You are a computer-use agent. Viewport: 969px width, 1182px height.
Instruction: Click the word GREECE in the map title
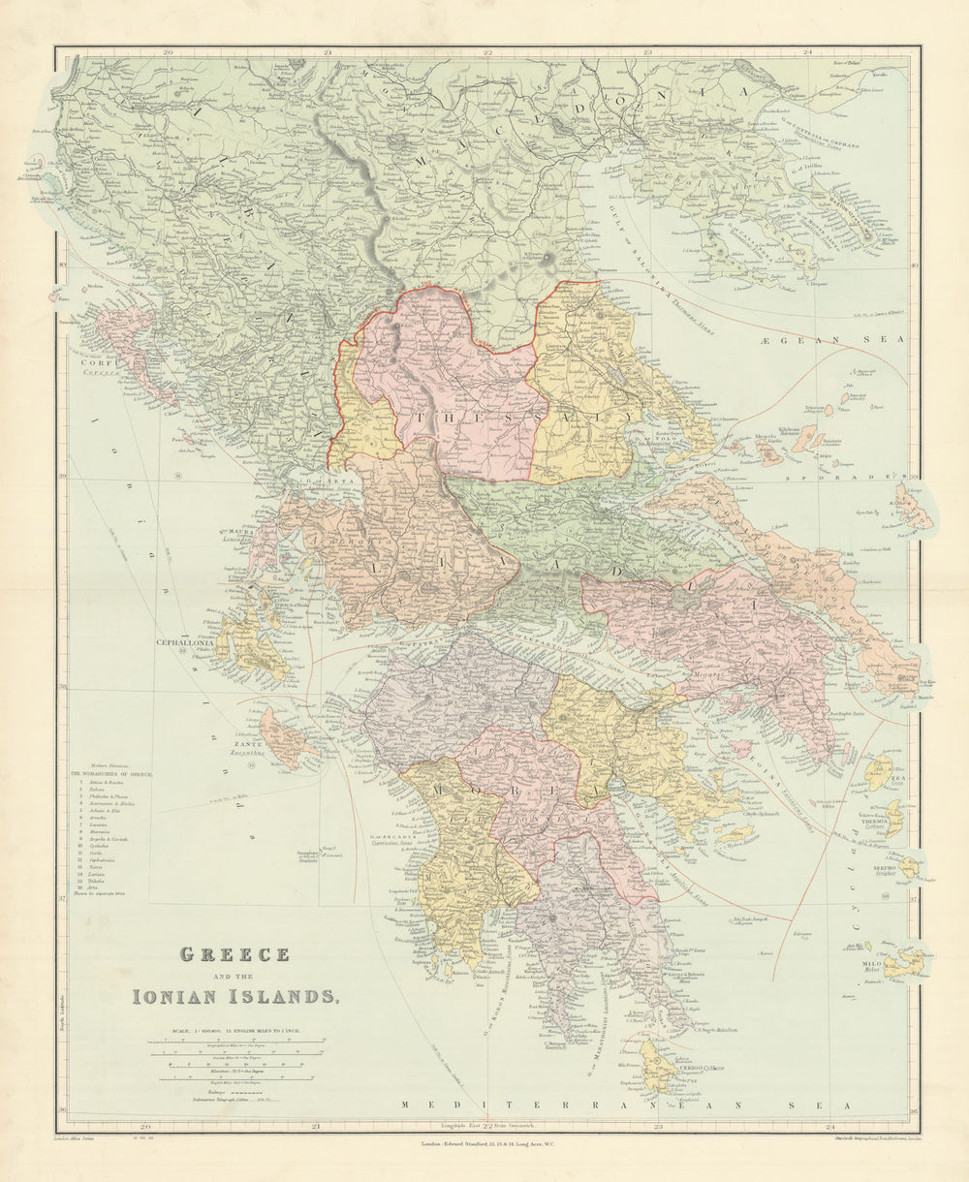coord(234,954)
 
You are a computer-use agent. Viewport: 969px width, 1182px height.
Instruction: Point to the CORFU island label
coord(98,362)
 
